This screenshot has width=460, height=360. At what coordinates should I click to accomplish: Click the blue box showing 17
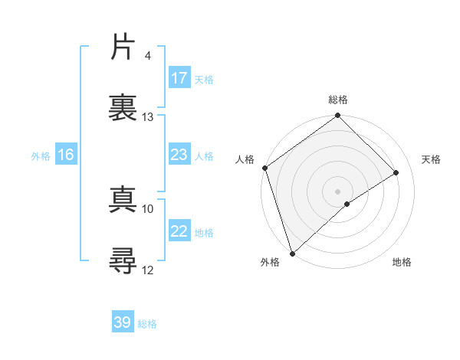coord(179,78)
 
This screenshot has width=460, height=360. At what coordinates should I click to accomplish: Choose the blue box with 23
coord(179,155)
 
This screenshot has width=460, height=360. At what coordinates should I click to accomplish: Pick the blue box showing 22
coord(179,231)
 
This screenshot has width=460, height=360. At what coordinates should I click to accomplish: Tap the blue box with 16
coord(66,155)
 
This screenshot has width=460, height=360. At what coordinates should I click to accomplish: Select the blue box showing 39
coord(123,322)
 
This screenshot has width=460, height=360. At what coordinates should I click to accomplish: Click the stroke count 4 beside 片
coord(147,56)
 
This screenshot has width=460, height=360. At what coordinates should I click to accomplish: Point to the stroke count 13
coord(148,117)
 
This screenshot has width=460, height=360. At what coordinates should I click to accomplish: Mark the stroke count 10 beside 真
coord(148,208)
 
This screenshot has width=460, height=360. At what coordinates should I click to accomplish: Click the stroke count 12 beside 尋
coord(148,270)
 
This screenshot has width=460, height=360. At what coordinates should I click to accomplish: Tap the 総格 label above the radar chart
coord(338,100)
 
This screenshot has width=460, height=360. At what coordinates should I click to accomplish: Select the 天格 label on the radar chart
coord(432,159)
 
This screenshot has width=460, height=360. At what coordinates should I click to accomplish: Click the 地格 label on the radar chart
coord(402,262)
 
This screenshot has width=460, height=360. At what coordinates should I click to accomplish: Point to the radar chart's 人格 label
coord(245,159)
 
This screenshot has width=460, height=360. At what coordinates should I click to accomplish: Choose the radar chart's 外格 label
coord(270,262)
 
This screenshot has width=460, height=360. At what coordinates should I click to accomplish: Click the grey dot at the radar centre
coord(338,191)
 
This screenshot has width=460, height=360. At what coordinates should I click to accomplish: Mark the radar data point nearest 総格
coord(338,116)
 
